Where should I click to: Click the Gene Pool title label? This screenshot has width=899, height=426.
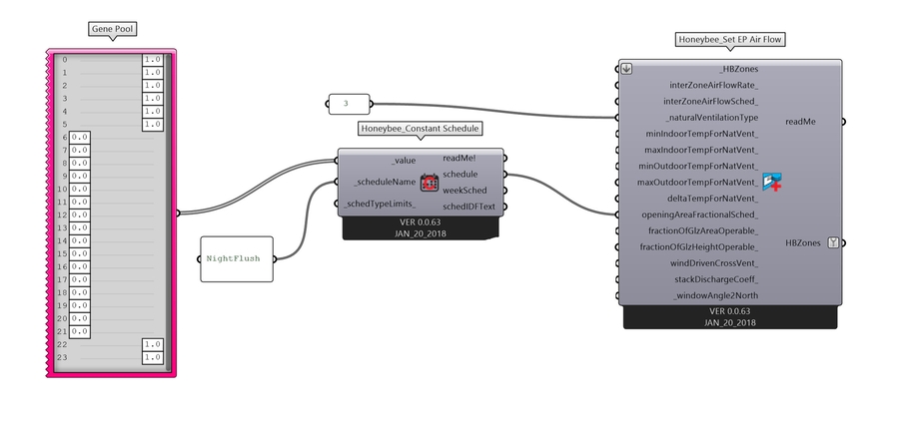pos(110,30)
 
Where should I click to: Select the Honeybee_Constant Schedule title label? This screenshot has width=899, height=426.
pos(420,129)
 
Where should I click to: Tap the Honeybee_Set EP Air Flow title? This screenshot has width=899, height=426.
pos(729,40)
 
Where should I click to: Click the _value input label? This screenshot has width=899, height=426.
pos(403,160)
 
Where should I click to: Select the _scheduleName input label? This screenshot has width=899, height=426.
pos(385,182)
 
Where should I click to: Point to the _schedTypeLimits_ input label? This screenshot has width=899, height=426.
pos(380,205)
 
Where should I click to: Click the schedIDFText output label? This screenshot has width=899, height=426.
pos(469,207)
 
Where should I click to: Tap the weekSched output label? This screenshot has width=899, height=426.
pos(464,190)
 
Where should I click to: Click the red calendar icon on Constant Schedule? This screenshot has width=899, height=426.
pos(429,183)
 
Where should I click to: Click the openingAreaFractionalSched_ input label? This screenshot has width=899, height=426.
pos(699,214)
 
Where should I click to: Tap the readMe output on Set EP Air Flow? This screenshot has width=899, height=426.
pos(800,122)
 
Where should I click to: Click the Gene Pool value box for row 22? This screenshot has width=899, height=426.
pos(153,343)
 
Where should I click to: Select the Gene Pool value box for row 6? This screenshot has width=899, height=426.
pos(80,137)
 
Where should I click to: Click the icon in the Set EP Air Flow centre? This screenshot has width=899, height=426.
pos(770,182)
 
